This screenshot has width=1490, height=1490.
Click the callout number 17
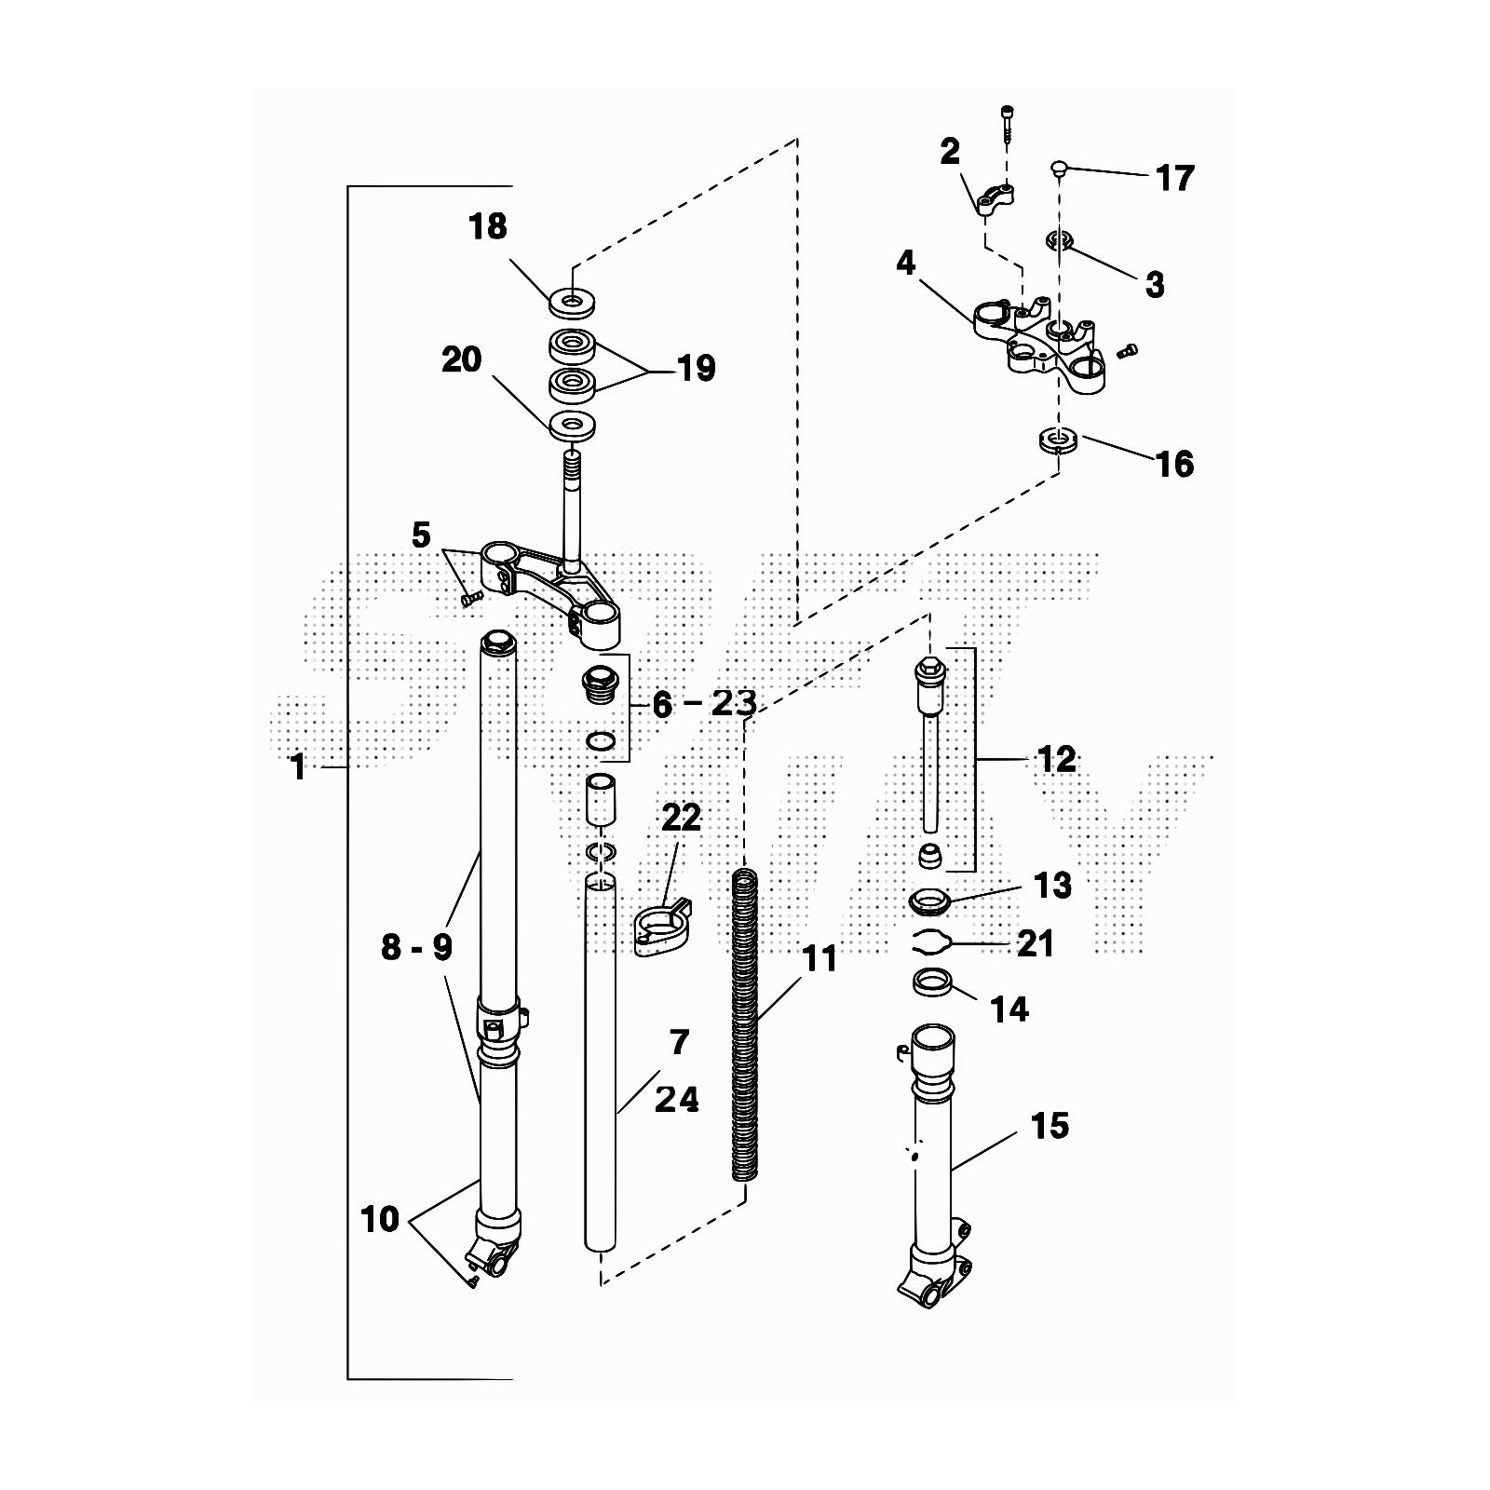pos(1174,177)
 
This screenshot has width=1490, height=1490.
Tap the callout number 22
pos(681,818)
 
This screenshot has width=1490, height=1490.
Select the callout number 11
pos(819,957)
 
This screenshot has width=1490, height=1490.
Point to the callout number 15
pos(1050,1125)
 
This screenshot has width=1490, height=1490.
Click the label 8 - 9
pos(416,947)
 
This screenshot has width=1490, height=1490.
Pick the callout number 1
pos(298,767)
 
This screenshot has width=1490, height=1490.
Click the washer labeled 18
pos(572,301)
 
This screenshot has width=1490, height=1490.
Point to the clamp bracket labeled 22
pos(663,928)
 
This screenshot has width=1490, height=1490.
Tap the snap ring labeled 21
pos(930,941)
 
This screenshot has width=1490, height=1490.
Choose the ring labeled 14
pos(931,982)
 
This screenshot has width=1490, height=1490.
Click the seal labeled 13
pos(928,901)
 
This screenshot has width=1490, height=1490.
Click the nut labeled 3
pos(1060,241)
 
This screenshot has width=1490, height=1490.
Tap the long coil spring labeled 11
pos(745,1024)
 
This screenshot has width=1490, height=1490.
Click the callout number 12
pos(1055,759)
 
